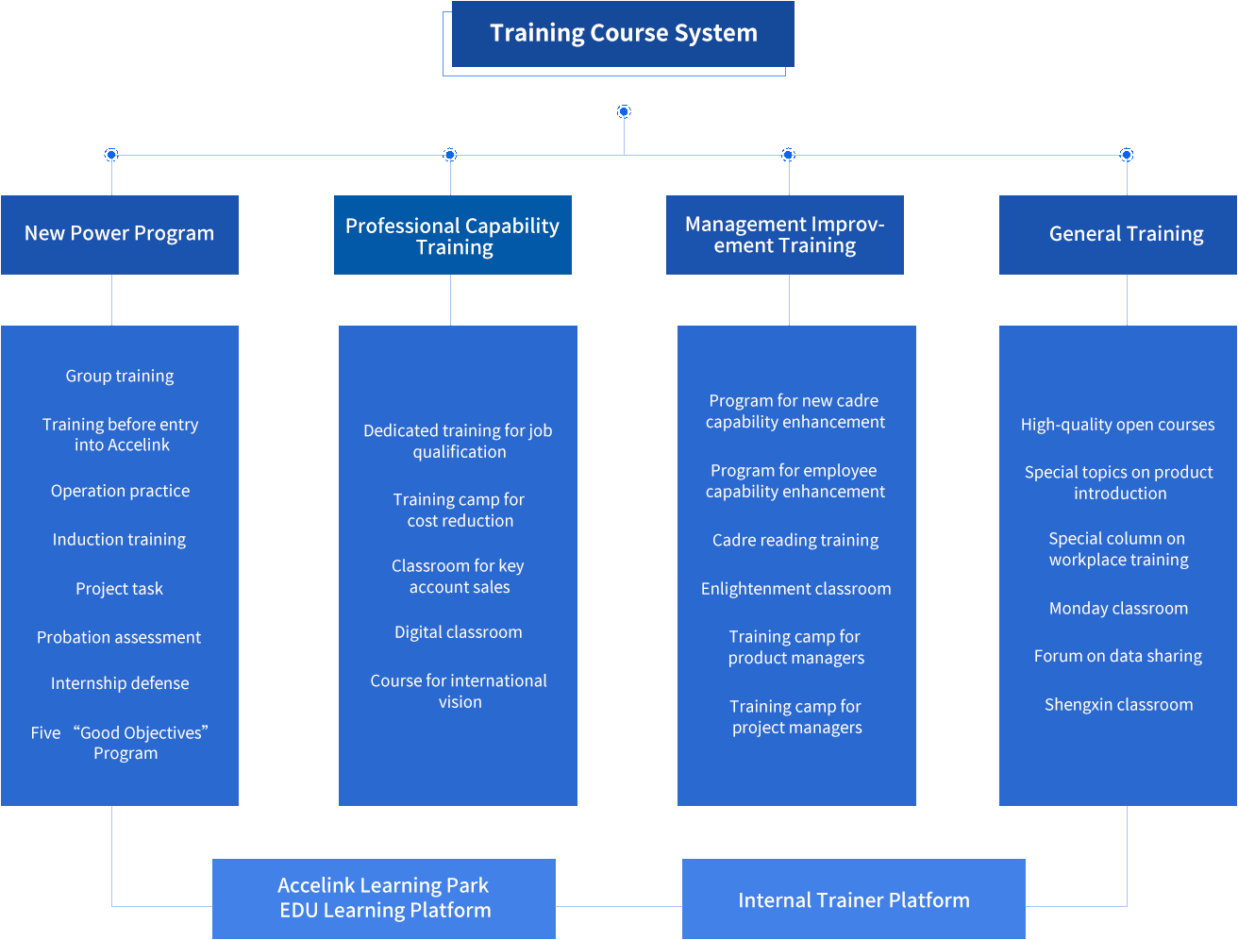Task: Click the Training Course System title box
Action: (x=623, y=34)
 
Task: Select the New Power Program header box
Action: (x=120, y=234)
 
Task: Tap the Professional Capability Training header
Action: (x=453, y=236)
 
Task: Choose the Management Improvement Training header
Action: (x=785, y=235)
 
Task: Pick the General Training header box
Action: (x=1126, y=234)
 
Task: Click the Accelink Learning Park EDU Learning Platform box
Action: (x=384, y=898)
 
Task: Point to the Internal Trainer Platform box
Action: (x=853, y=900)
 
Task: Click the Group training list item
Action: (x=120, y=376)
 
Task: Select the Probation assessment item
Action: (x=119, y=637)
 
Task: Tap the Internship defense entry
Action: (x=120, y=683)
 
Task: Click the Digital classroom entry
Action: (x=459, y=632)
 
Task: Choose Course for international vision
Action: (x=459, y=691)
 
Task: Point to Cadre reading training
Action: (x=795, y=540)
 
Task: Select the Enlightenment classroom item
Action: (x=795, y=589)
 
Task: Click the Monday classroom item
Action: (x=1118, y=609)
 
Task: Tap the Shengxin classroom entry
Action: (x=1118, y=705)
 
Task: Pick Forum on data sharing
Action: (x=1118, y=656)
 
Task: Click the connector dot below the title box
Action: (x=624, y=112)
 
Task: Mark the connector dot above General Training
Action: (x=1127, y=155)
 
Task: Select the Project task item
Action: (x=120, y=589)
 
